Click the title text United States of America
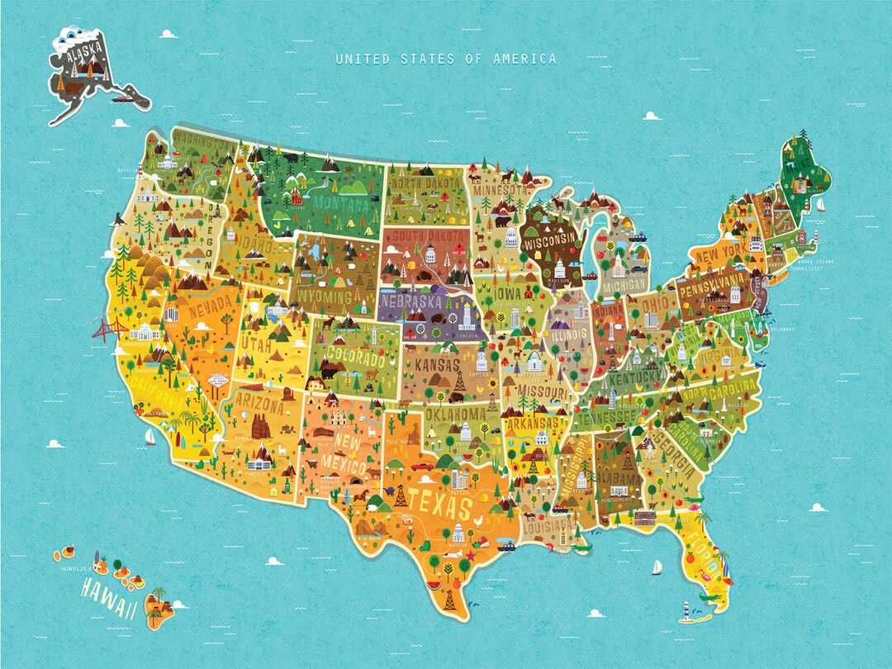click(x=445, y=59)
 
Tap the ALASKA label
click(x=86, y=58)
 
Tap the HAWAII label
click(x=108, y=598)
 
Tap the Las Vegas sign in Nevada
click(x=216, y=379)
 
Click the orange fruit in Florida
click(x=690, y=559)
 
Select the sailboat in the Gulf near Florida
click(x=657, y=567)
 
